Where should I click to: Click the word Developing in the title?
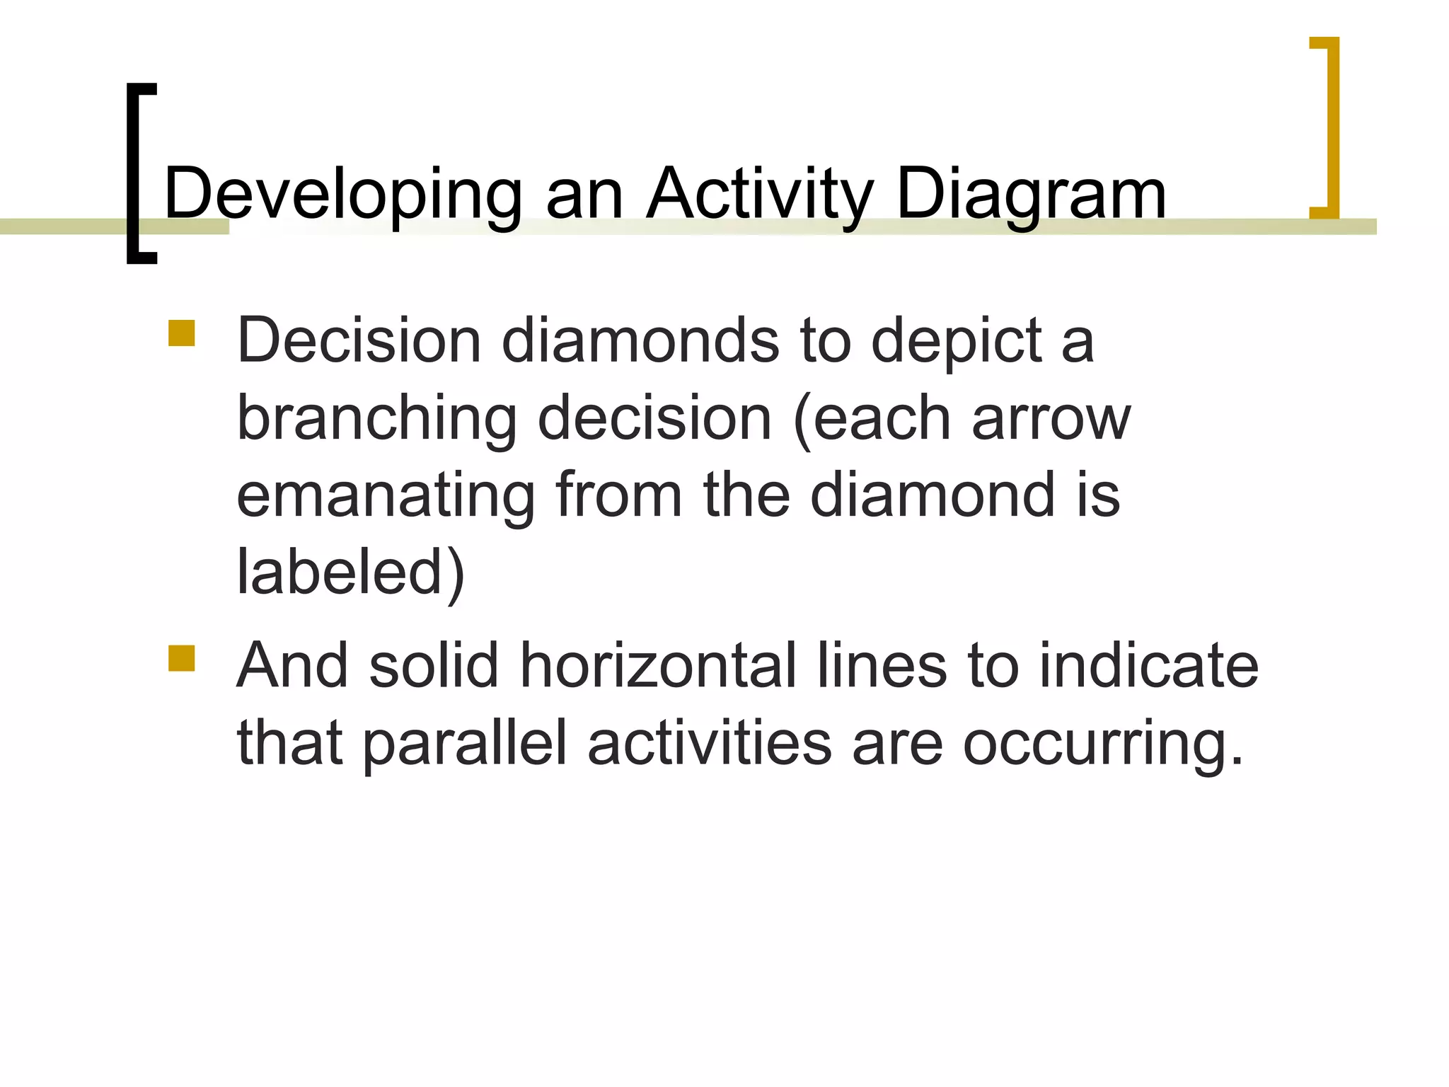pos(342,194)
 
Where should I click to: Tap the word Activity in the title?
pos(760,194)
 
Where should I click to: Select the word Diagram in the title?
pos(1031,194)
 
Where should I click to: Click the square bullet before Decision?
pos(182,333)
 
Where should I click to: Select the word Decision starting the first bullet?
pos(359,341)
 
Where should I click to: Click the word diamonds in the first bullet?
pos(640,341)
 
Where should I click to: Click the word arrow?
pos(1051,419)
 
